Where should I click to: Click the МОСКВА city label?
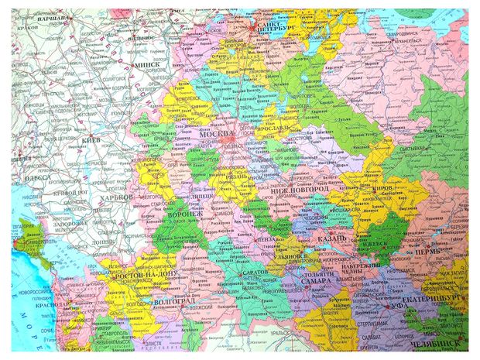coord(217,134)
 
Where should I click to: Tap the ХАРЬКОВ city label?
coord(112,197)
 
